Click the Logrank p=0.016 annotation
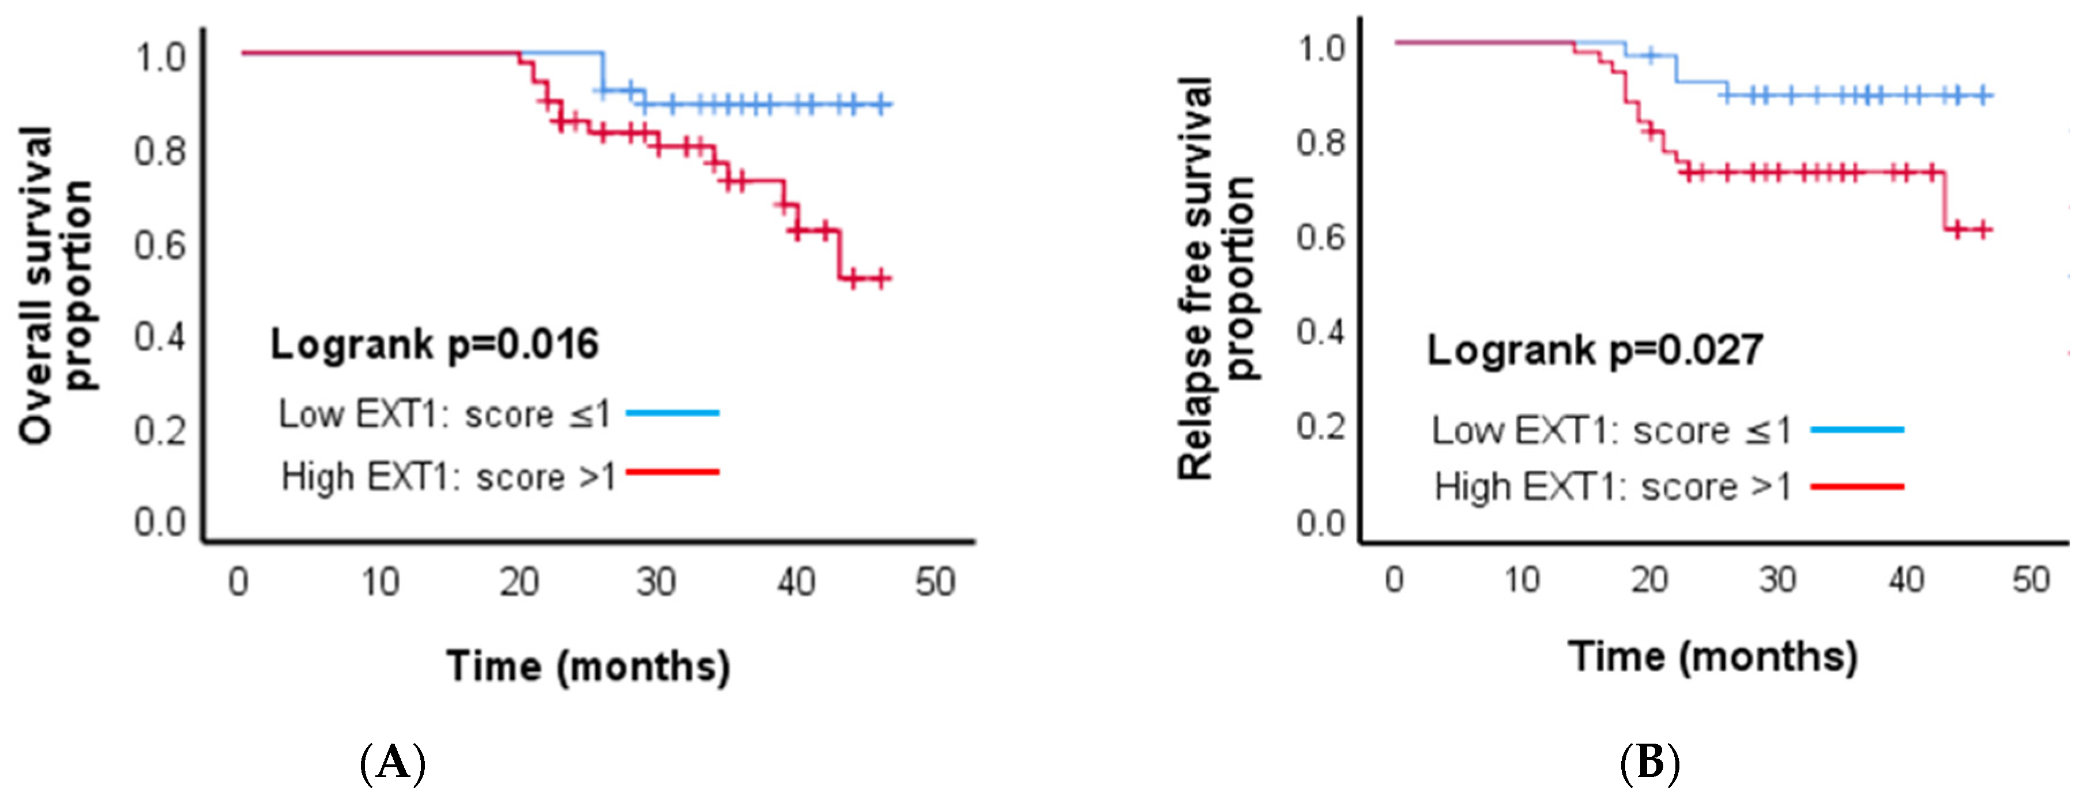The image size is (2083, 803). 434,345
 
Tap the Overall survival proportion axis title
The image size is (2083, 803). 55,285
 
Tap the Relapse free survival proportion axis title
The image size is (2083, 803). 1217,279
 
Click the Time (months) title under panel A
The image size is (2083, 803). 588,667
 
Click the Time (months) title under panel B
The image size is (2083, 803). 1713,657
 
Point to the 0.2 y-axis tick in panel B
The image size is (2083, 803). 1320,426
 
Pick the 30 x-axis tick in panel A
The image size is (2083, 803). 655,582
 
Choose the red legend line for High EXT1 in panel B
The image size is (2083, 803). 1856,487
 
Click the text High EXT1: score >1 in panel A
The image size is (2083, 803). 448,477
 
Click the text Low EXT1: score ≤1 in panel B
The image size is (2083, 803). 1611,430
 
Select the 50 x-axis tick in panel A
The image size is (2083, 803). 935,582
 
